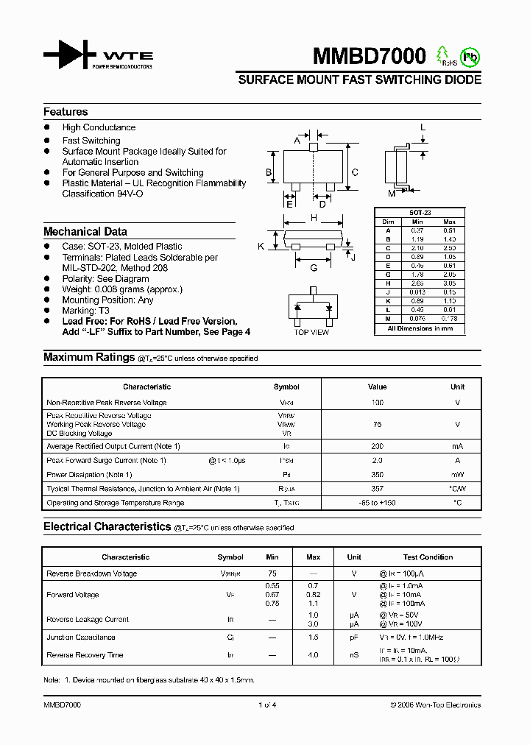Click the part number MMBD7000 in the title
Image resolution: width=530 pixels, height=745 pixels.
click(370, 57)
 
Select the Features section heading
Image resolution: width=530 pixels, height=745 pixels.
click(66, 112)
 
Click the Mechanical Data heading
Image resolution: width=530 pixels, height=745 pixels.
click(85, 231)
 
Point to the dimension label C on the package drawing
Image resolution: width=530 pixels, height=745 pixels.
click(354, 173)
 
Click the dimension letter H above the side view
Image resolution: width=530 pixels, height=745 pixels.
click(314, 218)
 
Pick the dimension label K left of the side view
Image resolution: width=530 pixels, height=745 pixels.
click(261, 247)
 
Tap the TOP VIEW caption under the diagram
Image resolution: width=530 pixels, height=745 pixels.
click(311, 332)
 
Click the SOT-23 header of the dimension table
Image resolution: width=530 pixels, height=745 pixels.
click(420, 213)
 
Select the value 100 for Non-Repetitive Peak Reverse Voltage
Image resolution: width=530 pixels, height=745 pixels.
click(378, 403)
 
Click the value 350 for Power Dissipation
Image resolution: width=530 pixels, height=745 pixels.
click(378, 475)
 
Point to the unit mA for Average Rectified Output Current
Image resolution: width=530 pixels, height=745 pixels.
click(457, 447)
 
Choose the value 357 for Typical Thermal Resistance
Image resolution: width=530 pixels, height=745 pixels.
click(378, 489)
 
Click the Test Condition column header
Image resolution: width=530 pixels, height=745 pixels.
click(428, 557)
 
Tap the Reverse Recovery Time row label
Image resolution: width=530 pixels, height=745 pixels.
click(85, 655)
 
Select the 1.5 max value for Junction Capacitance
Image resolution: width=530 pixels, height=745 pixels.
click(313, 638)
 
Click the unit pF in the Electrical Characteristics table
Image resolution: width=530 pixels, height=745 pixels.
click(354, 638)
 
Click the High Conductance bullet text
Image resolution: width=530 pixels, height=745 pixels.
click(99, 127)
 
